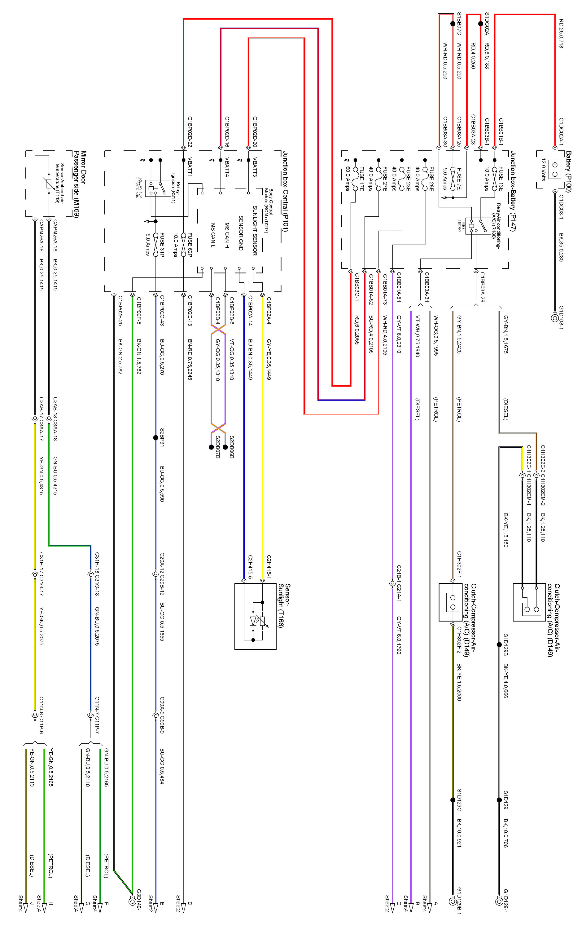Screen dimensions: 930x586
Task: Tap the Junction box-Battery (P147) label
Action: pos(513,191)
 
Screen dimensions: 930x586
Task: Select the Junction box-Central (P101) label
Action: pos(286,191)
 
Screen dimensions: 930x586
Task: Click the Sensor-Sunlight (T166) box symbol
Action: pos(256,616)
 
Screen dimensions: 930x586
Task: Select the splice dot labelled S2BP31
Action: pos(155,438)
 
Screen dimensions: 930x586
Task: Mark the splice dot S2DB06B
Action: pos(225,447)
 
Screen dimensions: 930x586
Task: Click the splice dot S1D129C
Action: pos(453,800)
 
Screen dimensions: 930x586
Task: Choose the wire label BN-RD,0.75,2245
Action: pos(190,360)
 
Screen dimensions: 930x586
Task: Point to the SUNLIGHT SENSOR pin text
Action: pos(255,231)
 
